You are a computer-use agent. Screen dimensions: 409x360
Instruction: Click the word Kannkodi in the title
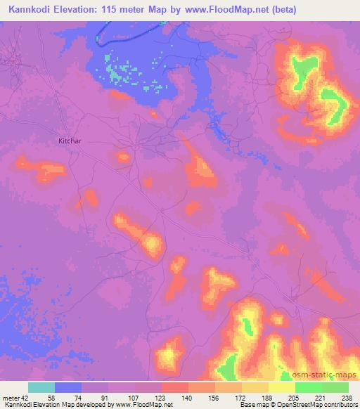tap(30, 10)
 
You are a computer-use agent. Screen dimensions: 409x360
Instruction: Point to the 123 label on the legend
tap(161, 398)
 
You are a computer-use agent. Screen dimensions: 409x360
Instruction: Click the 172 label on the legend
tap(240, 398)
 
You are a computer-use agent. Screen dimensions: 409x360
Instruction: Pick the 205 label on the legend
tap(292, 398)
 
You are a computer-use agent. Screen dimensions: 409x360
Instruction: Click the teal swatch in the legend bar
tap(41, 387)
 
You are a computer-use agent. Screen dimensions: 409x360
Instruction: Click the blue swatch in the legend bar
tap(68, 387)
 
